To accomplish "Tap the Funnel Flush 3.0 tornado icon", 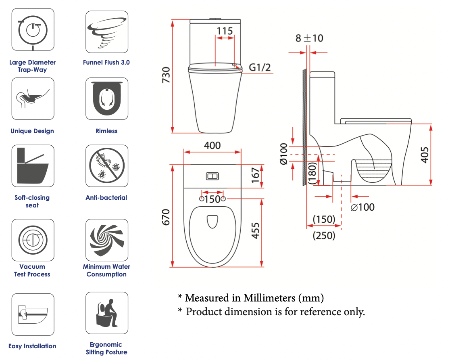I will pos(107,32).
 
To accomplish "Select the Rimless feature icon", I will pos(107,99).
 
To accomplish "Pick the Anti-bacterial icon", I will pos(107,166).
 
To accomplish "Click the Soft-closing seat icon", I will pos(33,166).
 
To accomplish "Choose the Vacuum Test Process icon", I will pos(33,240).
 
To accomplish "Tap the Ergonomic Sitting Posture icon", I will pos(107,313).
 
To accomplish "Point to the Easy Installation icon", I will pos(33,314).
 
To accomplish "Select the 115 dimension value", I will pos(225,31).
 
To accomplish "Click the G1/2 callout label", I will pos(260,67).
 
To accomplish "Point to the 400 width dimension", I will pos(212,145).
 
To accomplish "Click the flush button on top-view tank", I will pos(212,176).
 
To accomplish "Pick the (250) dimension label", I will pos(324,235).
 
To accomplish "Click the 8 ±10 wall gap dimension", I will pos(309,38).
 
